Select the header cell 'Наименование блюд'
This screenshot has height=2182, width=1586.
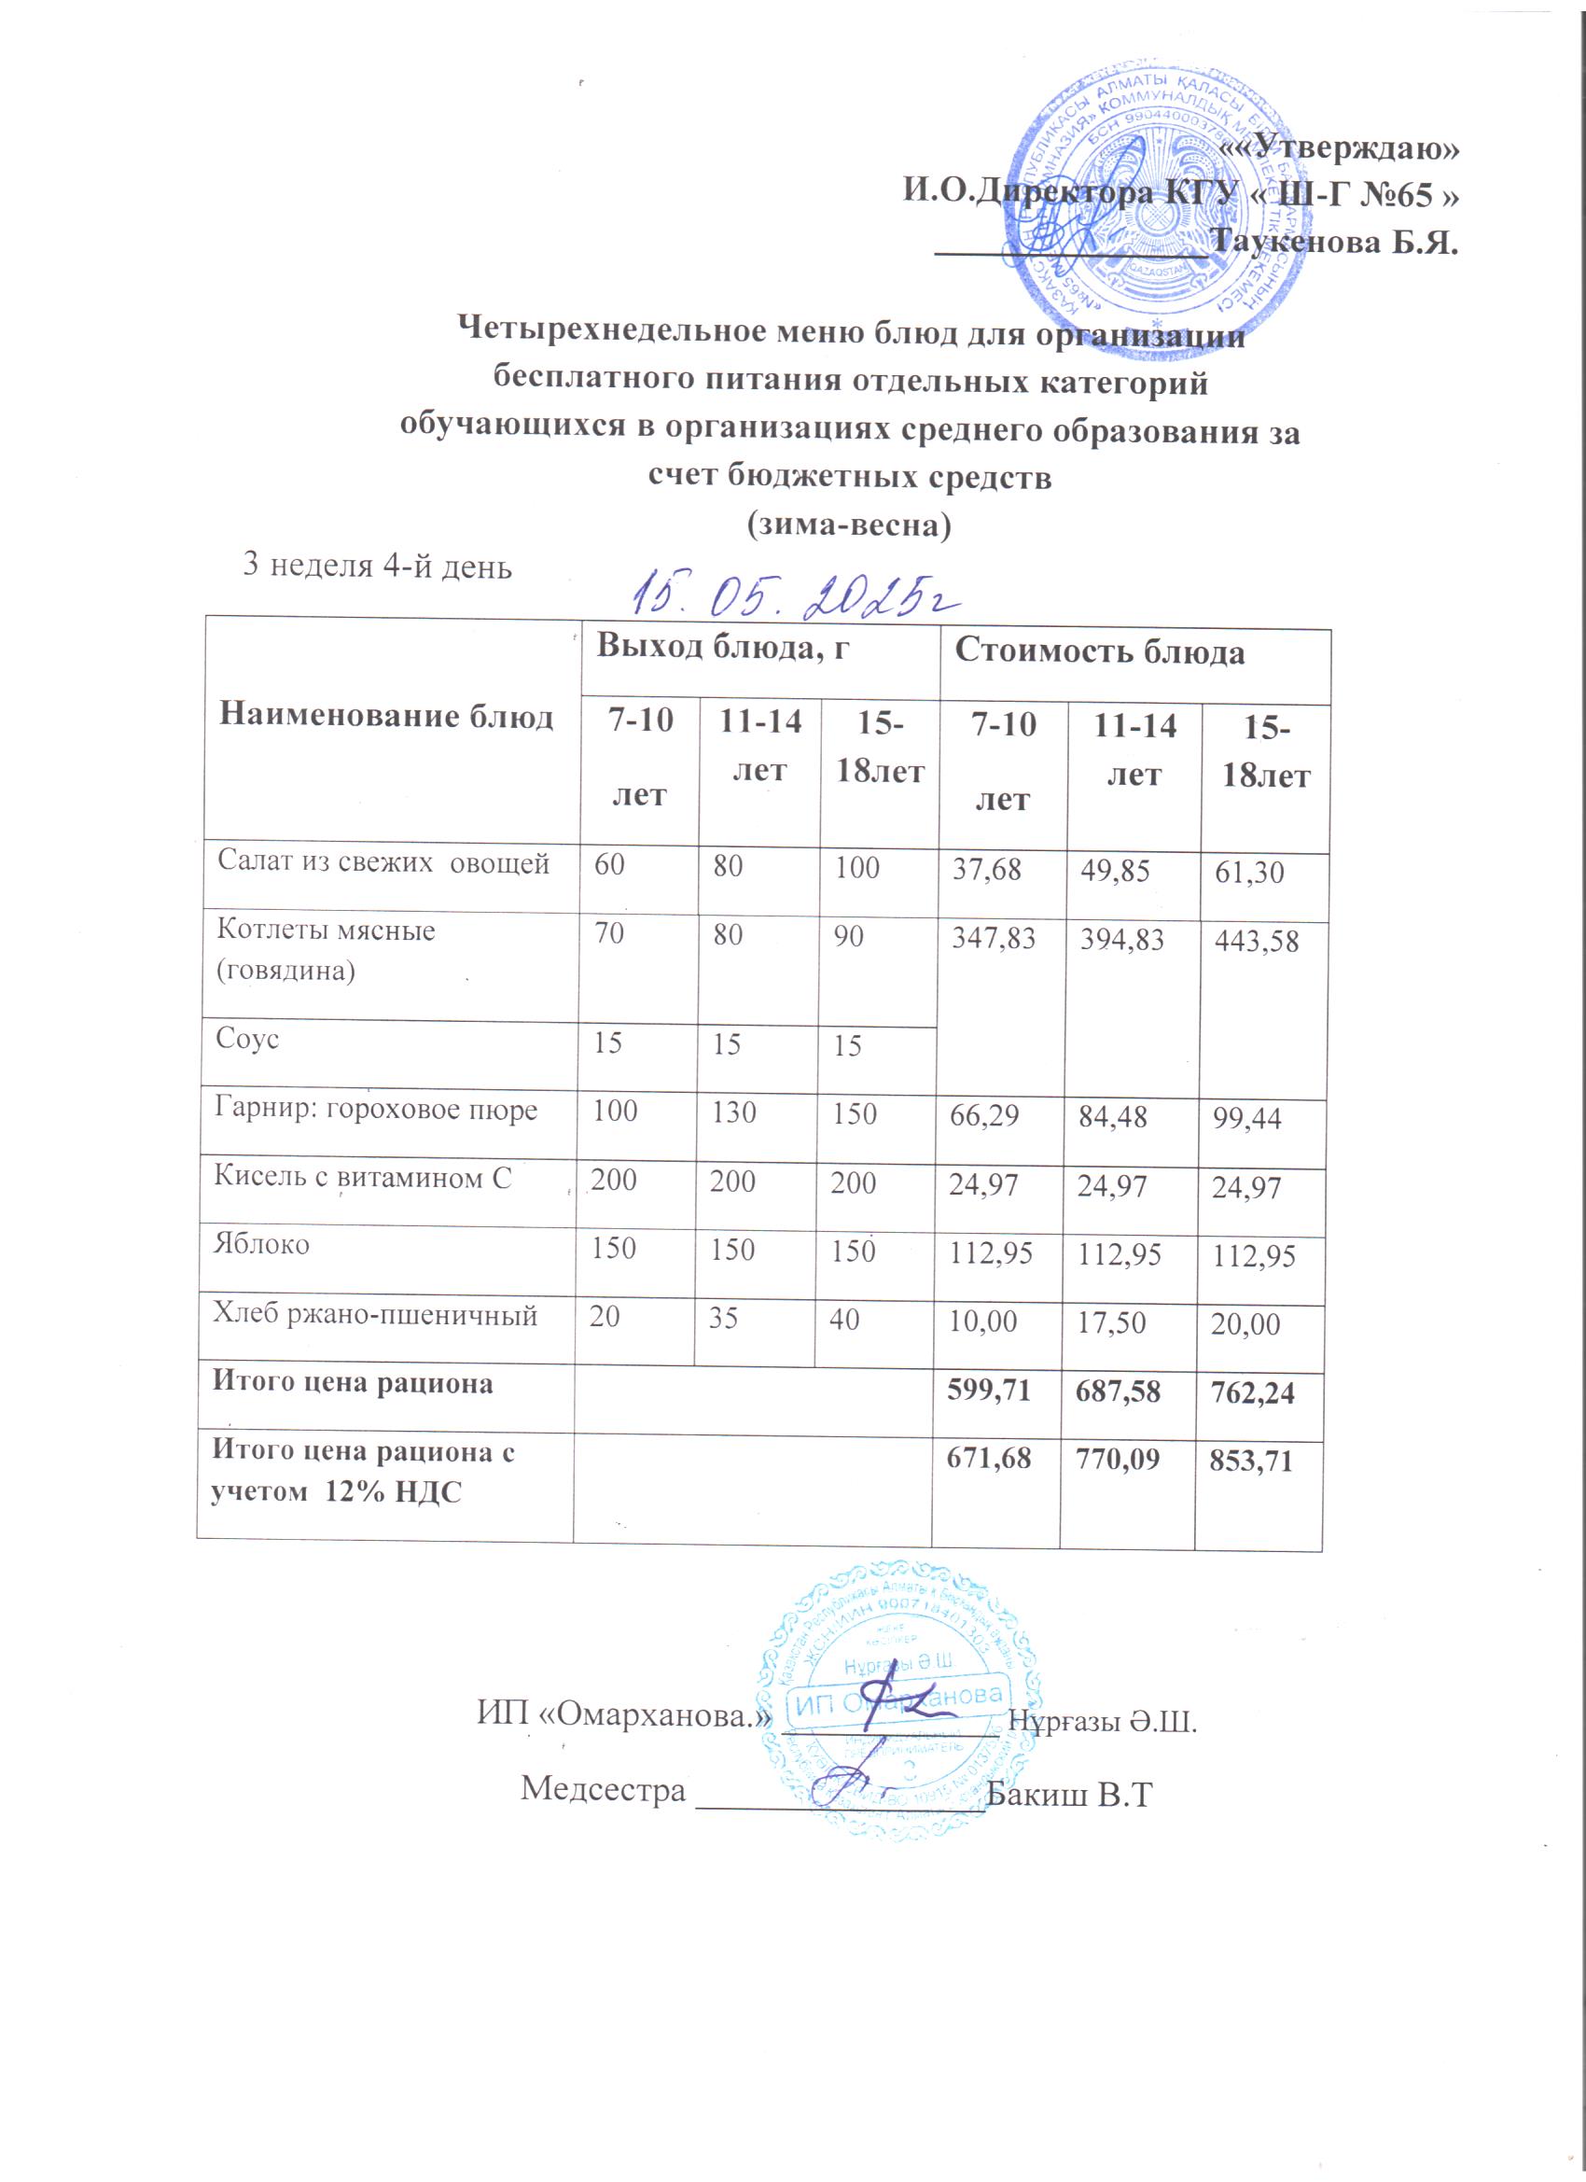[x=385, y=717]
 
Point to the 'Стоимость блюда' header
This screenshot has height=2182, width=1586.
[x=1099, y=653]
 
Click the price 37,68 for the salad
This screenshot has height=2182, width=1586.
[x=987, y=870]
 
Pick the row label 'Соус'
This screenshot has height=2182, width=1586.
[x=247, y=1039]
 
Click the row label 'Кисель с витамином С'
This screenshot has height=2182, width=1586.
[x=363, y=1178]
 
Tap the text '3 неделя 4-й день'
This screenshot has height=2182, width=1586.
[x=377, y=566]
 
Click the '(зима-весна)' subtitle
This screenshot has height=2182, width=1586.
[x=848, y=525]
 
